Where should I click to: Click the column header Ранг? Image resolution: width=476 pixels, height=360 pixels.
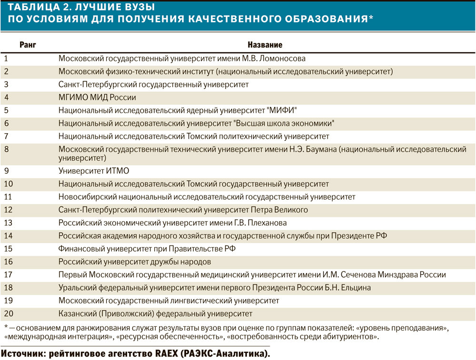pyautogui.click(x=28, y=45)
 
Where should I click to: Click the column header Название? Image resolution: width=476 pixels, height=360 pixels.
pyautogui.click(x=265, y=45)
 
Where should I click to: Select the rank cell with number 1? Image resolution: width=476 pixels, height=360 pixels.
pyautogui.click(x=6, y=58)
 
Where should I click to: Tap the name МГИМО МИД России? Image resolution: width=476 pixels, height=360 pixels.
pyautogui.click(x=98, y=97)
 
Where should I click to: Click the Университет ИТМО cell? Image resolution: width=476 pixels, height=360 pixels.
pyautogui.click(x=94, y=171)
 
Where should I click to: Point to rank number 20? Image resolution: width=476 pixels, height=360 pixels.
pyautogui.click(x=8, y=314)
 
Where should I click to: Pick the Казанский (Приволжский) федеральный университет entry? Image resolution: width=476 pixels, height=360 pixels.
pyautogui.click(x=155, y=314)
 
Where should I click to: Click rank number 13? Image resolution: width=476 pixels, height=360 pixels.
pyautogui.click(x=8, y=223)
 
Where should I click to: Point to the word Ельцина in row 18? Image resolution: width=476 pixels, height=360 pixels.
pyautogui.click(x=354, y=288)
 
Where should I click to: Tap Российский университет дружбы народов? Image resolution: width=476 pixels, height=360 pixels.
pyautogui.click(x=135, y=262)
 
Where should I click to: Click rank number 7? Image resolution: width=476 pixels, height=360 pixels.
pyautogui.click(x=6, y=136)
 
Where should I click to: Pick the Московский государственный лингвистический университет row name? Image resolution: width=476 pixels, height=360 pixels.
pyautogui.click(x=169, y=301)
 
